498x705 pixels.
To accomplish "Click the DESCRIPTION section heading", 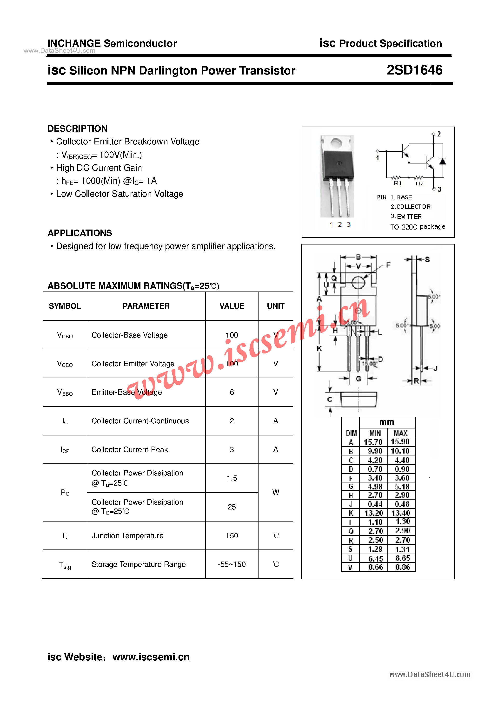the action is point(77,129).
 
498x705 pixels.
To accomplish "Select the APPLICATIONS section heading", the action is point(80,233).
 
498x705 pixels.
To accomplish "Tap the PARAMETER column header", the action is point(146,306).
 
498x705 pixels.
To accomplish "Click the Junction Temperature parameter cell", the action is point(128,536).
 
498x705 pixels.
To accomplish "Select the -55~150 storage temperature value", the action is point(232,564).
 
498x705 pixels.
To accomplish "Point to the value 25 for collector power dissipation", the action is point(232,507).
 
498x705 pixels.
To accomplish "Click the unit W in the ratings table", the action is point(276,493).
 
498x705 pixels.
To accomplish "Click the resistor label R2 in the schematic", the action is point(419,184).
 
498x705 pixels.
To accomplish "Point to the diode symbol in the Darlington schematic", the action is point(442,161).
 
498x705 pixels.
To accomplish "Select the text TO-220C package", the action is point(418,227).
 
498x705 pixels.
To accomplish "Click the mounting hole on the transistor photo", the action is point(337,143).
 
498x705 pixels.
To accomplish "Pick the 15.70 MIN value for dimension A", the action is point(373,442).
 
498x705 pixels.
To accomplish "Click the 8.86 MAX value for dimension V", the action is point(402,567).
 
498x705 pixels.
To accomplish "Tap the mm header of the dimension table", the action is point(387,422).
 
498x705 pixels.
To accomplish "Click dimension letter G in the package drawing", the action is point(359,379).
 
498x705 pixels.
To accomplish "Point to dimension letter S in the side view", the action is point(427,259).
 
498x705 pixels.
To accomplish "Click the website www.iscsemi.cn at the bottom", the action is point(151,657).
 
